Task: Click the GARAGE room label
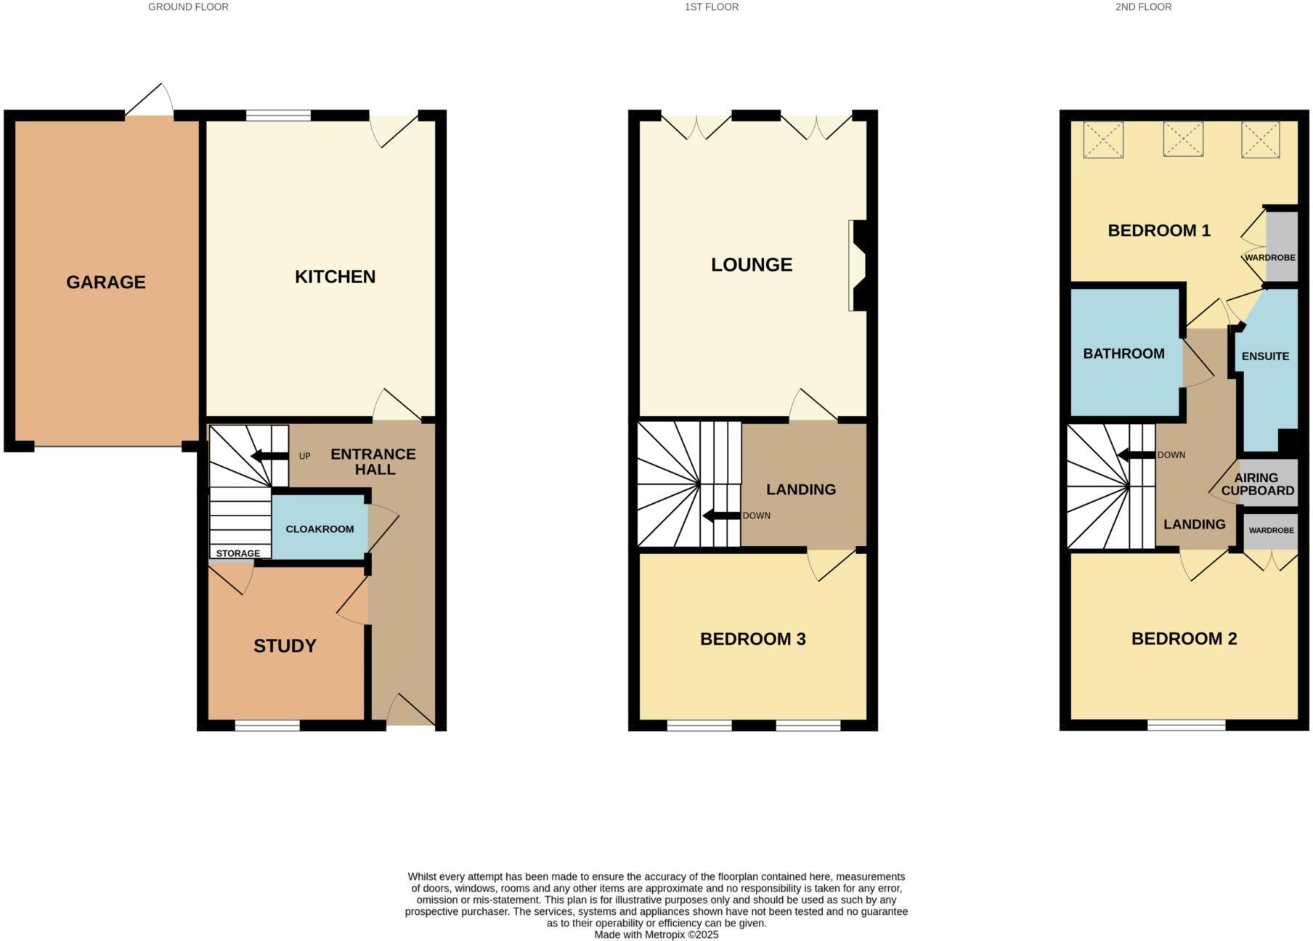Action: (x=106, y=282)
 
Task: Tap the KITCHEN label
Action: (x=335, y=277)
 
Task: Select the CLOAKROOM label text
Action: (x=320, y=529)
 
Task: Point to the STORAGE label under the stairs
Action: (x=237, y=553)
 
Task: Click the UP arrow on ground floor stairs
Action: (x=268, y=456)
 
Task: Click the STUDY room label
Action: (x=285, y=645)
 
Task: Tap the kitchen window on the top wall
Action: (x=278, y=115)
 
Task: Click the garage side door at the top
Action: (x=150, y=102)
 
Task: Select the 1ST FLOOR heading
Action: (x=711, y=7)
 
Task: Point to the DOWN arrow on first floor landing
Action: (x=720, y=516)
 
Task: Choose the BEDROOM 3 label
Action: (x=752, y=639)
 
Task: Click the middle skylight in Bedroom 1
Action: (x=1183, y=139)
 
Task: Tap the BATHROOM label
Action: (x=1123, y=354)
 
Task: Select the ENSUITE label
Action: (x=1265, y=357)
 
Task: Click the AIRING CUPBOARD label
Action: (x=1257, y=484)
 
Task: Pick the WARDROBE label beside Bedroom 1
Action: (x=1269, y=258)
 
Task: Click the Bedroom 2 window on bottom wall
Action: (x=1186, y=725)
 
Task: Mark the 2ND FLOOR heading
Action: (x=1143, y=7)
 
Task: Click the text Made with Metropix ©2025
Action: (x=656, y=934)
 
